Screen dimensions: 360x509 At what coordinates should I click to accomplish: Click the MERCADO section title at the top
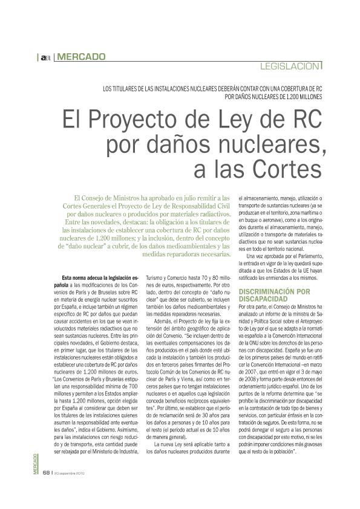point(81,57)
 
